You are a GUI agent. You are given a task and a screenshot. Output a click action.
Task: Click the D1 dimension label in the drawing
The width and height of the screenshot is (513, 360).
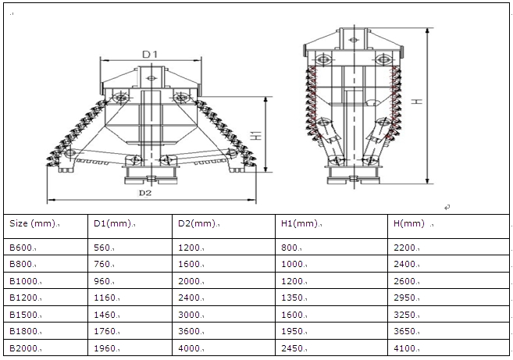[x=150, y=54]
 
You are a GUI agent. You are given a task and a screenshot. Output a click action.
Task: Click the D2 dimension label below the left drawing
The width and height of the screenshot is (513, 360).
[x=144, y=192]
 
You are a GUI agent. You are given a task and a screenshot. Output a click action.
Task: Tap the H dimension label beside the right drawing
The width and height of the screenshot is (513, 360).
[x=439, y=102]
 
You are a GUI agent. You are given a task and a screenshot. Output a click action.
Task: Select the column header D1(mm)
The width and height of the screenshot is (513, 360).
[x=110, y=223]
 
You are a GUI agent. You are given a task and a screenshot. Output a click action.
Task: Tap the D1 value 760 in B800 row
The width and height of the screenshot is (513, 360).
[x=102, y=264]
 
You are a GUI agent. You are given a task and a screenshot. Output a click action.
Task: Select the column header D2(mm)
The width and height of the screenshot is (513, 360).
[x=195, y=223]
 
